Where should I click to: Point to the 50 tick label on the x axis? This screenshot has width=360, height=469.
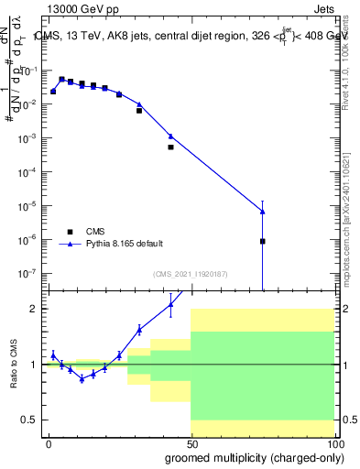191,443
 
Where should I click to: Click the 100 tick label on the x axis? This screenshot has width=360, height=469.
333,443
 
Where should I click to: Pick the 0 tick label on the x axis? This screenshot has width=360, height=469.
49,443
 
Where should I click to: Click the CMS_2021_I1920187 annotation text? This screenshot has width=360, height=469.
191,274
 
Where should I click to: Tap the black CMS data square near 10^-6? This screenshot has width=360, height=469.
263,241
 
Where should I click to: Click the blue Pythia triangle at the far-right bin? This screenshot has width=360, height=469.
263,212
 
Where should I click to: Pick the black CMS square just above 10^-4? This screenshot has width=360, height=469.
170,147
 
